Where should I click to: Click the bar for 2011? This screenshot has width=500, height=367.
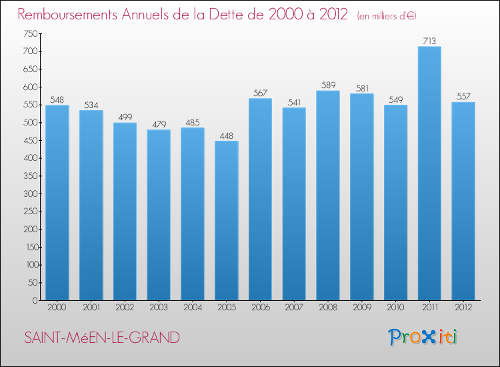click(429, 173)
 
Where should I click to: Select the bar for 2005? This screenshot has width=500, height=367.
click(226, 220)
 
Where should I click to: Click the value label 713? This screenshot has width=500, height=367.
click(429, 41)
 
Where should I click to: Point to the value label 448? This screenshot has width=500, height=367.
click(226, 135)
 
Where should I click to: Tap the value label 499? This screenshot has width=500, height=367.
click(125, 117)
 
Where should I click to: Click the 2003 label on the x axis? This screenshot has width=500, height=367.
click(159, 308)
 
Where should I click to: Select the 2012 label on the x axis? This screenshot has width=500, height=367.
click(463, 308)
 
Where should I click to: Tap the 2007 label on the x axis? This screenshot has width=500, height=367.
click(294, 308)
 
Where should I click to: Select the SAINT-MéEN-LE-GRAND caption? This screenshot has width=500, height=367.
click(101, 338)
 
